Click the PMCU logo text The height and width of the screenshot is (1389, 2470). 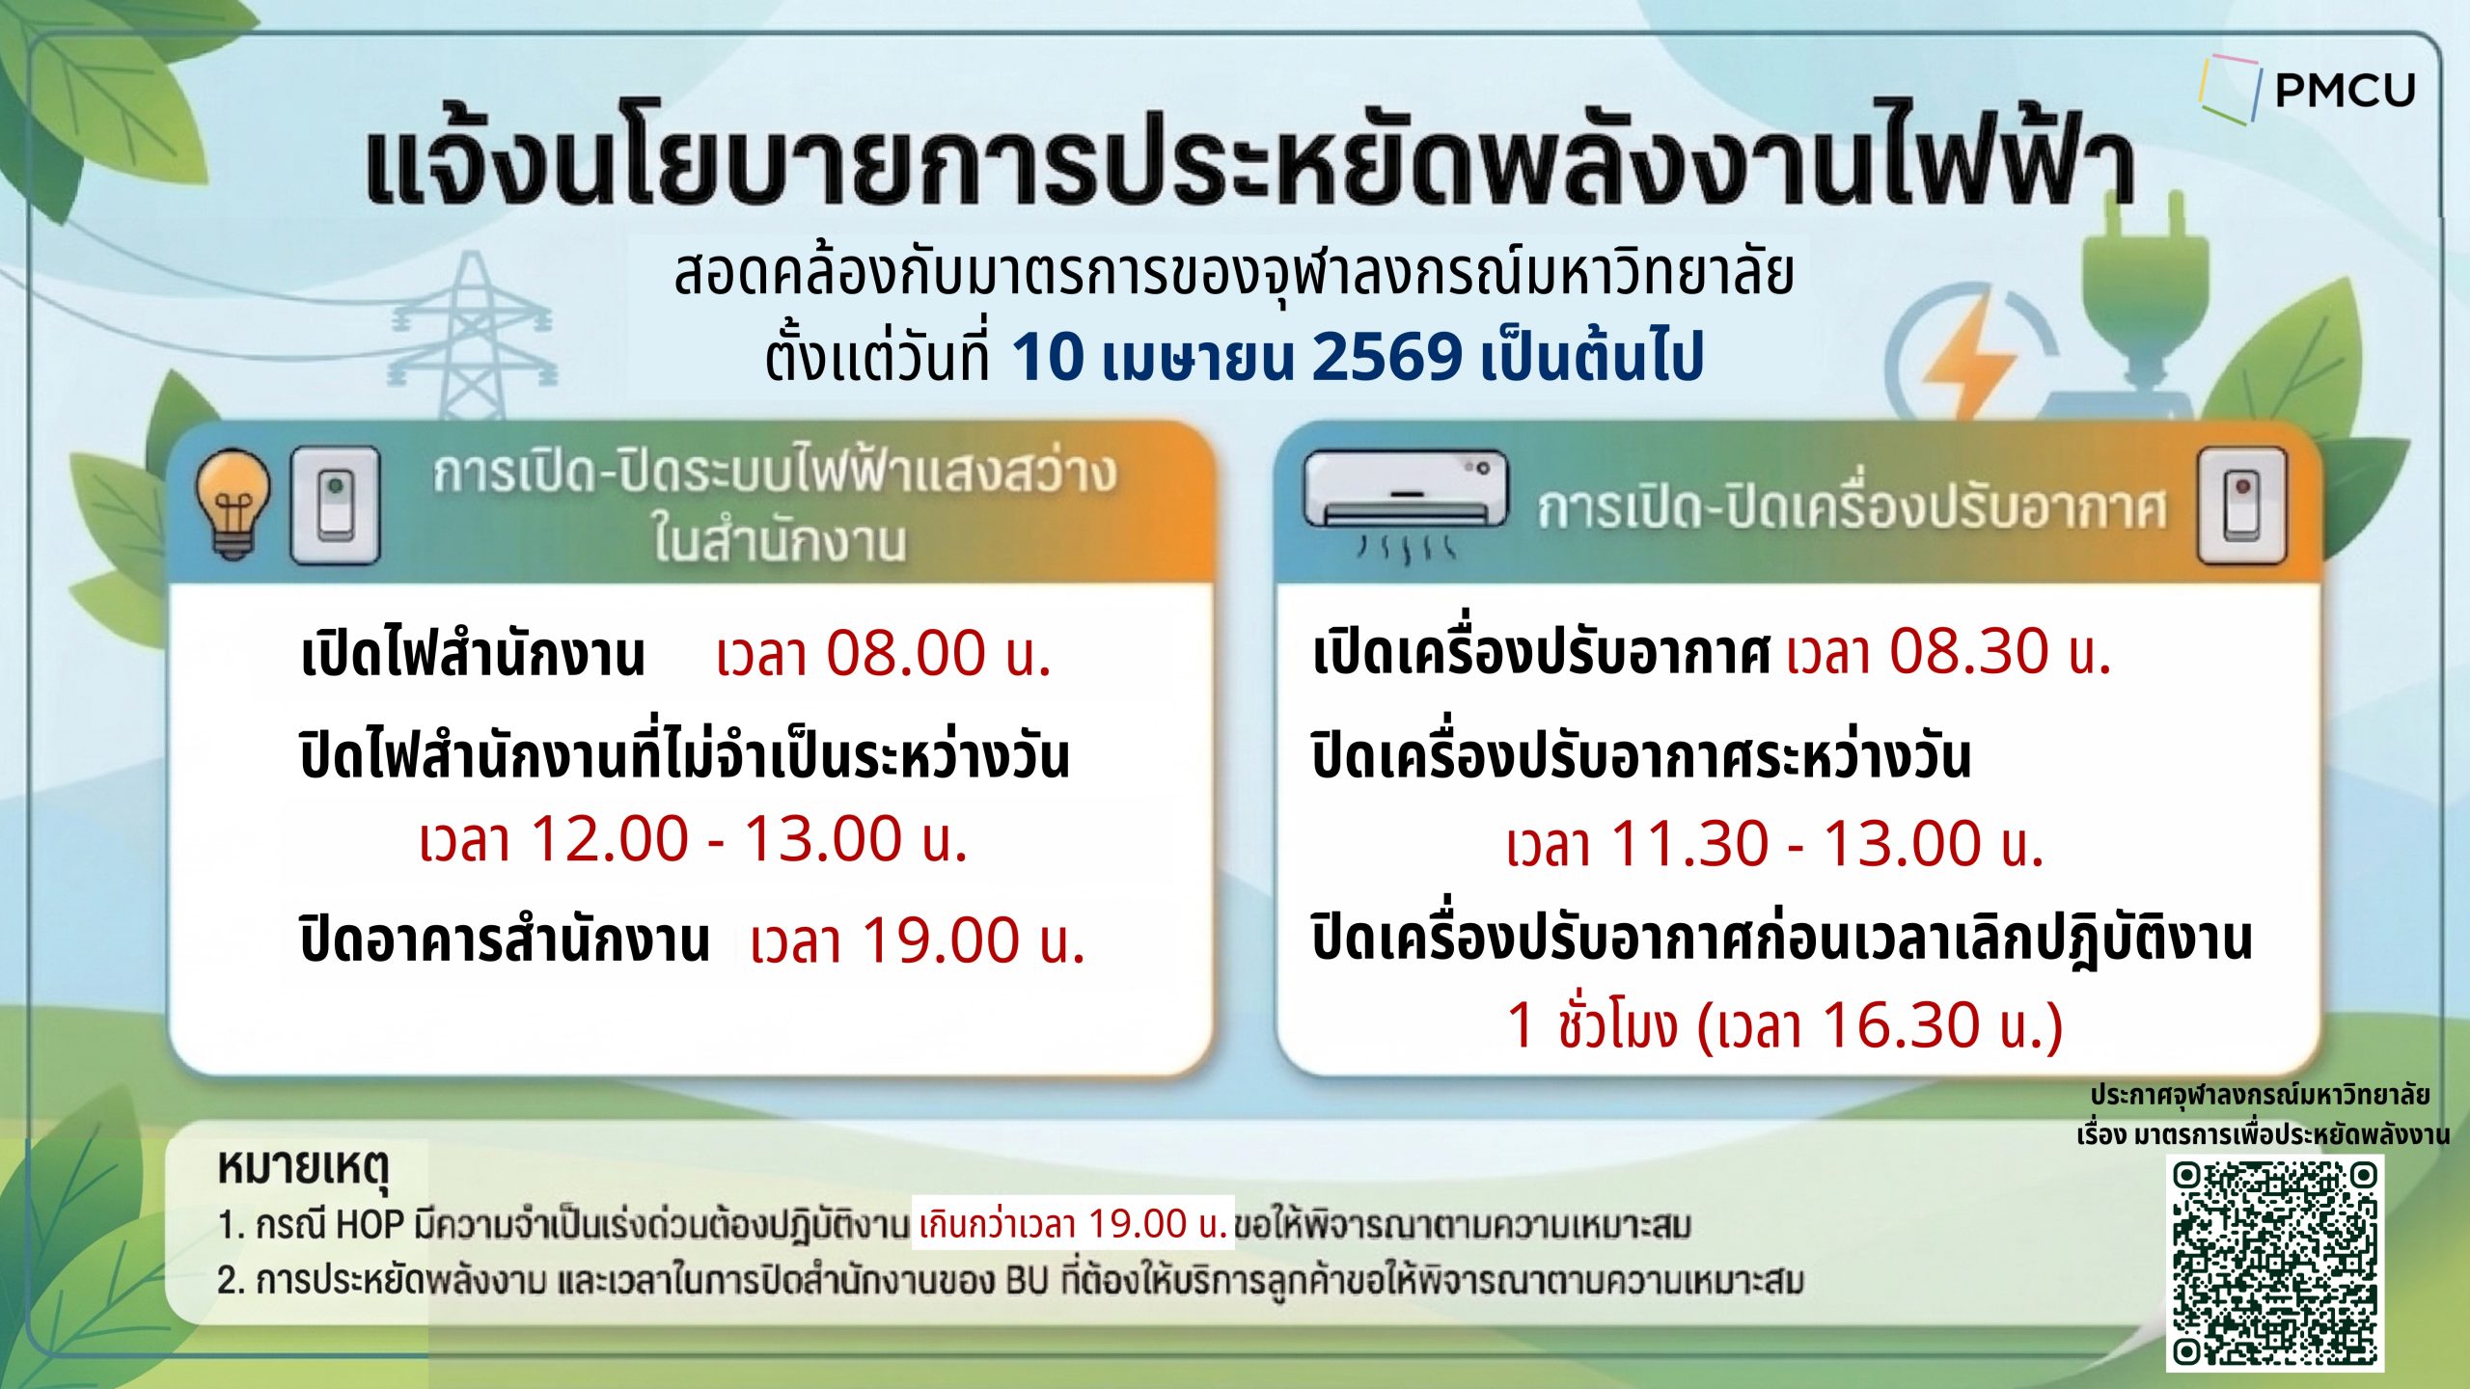(2346, 91)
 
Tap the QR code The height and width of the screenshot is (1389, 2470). (2274, 1264)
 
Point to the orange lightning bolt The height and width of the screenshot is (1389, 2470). (1968, 357)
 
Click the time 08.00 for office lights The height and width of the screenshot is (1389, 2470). (905, 653)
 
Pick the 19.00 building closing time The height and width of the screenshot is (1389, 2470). (940, 940)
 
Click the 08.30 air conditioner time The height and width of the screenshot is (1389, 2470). (1968, 651)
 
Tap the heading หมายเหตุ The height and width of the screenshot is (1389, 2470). (304, 1168)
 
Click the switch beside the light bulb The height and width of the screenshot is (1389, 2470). (335, 504)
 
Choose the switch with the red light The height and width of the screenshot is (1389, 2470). (2240, 505)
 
